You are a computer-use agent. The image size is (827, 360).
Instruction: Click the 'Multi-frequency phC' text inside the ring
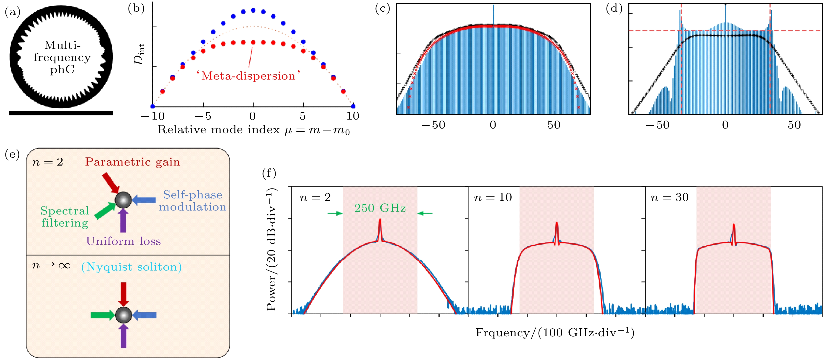coord(62,57)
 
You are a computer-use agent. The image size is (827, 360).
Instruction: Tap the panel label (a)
coord(13,12)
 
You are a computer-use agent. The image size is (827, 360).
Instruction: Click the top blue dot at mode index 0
coord(253,10)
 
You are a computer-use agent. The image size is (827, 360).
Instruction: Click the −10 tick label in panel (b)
coord(153,116)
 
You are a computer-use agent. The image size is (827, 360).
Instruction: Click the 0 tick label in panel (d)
coord(725,125)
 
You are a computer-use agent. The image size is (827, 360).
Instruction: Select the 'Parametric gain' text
coord(132,162)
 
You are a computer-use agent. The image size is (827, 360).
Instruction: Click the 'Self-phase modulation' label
coord(193,201)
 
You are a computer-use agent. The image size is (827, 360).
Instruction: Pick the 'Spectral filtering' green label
coord(65,217)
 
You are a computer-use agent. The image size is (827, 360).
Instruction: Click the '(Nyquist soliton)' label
coord(131,267)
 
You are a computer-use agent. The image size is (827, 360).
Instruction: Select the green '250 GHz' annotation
coord(380,208)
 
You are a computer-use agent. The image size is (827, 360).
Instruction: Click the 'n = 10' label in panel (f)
coord(493,197)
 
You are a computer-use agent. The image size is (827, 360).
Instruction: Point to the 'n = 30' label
coord(669,197)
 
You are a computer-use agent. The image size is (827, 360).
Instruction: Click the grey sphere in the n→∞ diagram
coord(124,315)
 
